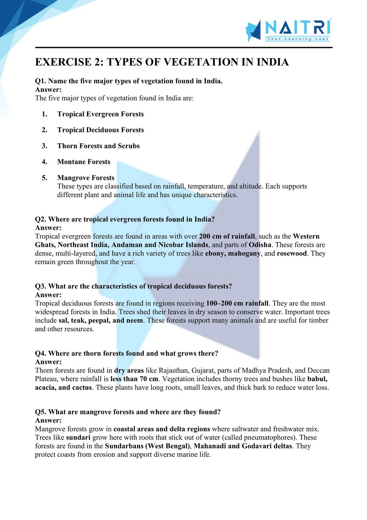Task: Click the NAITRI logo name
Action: coord(297,28)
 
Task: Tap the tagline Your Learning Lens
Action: coord(297,39)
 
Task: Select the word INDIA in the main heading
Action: coord(272,62)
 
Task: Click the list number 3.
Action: coord(44,146)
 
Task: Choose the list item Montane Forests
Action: coord(84,162)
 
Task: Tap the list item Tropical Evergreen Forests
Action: coord(100,114)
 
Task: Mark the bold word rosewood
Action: coord(292,254)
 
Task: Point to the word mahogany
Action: coord(244,254)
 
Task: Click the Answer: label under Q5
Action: coord(48,421)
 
